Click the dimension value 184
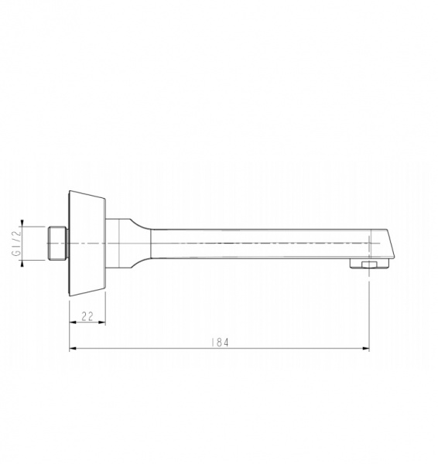click(x=220, y=343)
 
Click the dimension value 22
click(x=87, y=316)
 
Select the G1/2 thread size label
click(x=16, y=244)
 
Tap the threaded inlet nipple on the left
click(x=57, y=244)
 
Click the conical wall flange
click(x=87, y=244)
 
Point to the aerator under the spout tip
click(x=369, y=264)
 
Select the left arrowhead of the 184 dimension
click(x=73, y=348)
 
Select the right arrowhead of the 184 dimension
click(x=366, y=348)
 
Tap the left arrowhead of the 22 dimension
click(x=73, y=322)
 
